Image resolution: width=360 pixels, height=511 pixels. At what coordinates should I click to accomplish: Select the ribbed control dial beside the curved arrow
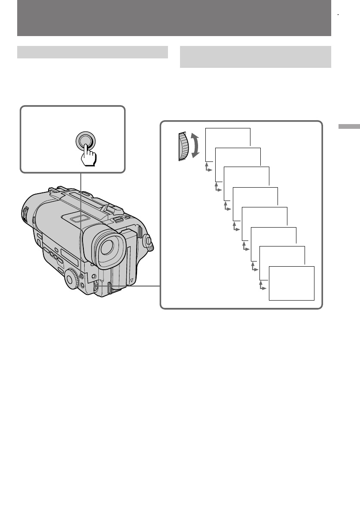(183, 146)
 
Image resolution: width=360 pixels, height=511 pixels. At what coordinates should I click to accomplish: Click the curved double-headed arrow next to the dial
(195, 146)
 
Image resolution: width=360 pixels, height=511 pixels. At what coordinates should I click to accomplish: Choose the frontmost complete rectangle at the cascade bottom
(292, 283)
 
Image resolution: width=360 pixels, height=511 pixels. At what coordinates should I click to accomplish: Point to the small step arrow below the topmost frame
(208, 167)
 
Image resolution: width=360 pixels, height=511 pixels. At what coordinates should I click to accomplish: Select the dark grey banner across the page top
(174, 18)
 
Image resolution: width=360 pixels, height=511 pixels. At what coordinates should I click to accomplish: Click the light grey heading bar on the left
(92, 52)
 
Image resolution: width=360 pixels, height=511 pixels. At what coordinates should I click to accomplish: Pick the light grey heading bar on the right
(255, 57)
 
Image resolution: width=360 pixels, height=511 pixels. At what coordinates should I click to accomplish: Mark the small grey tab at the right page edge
(348, 127)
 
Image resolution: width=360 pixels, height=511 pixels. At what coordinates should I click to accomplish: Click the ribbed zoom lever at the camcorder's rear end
(24, 212)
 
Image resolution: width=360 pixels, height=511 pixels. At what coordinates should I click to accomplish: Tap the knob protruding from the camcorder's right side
(149, 242)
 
